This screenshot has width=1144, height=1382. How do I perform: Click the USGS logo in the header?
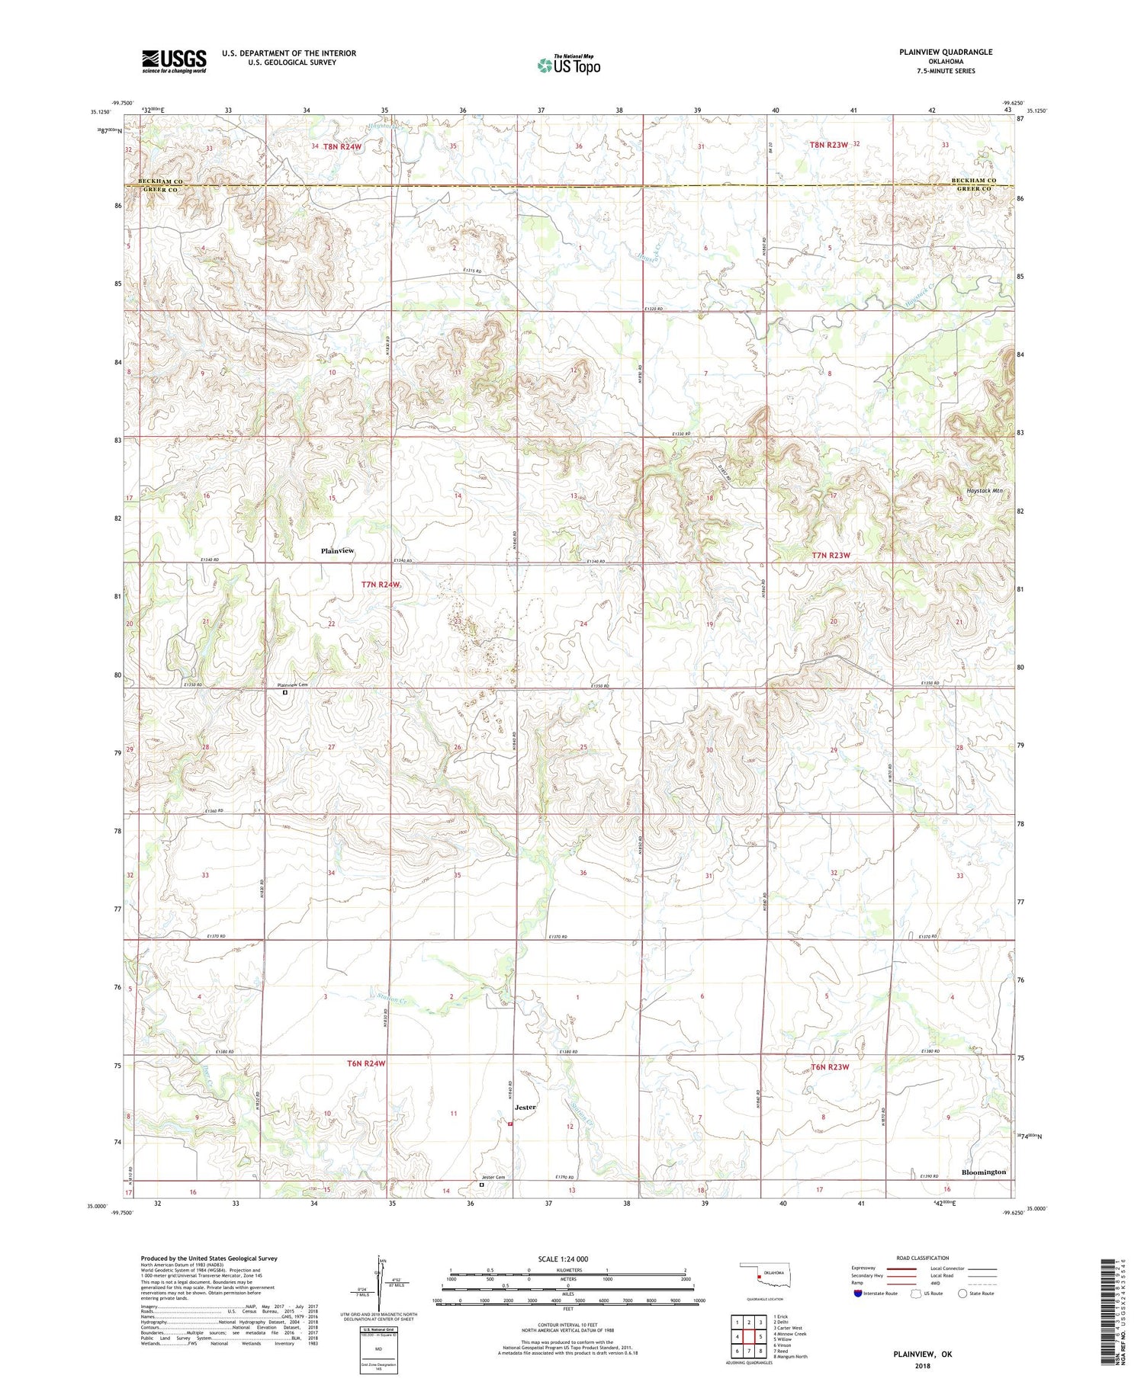point(174,61)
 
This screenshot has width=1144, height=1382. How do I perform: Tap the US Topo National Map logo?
point(568,65)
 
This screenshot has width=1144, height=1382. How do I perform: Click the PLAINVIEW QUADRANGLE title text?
point(946,52)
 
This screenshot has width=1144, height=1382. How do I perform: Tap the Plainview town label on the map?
point(337,550)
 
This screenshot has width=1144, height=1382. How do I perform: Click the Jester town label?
point(525,1107)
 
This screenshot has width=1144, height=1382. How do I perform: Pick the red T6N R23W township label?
point(829,1066)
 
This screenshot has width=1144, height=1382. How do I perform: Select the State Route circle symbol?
point(962,1293)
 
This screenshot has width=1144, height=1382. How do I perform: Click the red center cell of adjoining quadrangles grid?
point(749,1336)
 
